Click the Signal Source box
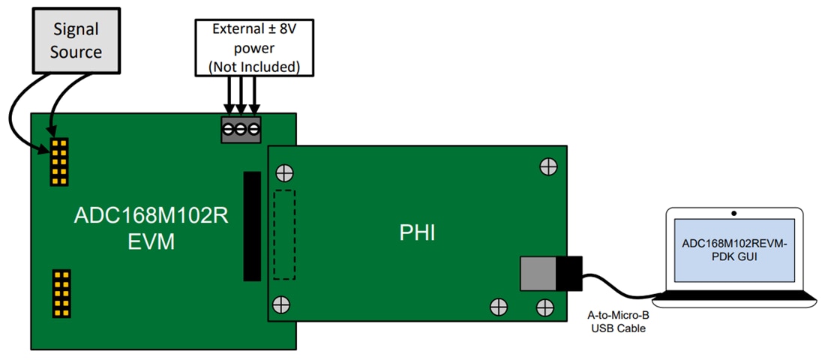76,40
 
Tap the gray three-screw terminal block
240,130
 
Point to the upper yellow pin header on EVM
58,161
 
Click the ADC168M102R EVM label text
151,228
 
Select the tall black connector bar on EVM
252,226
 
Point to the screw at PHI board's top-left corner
284,172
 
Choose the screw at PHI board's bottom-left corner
281,304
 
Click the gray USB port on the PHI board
537,273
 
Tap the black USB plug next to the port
569,273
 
